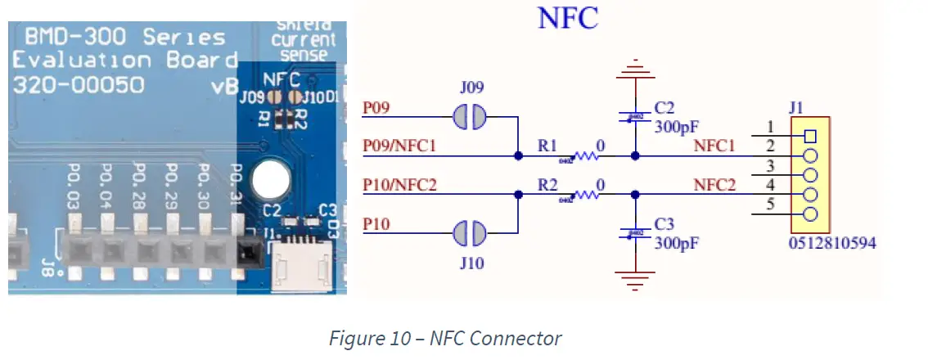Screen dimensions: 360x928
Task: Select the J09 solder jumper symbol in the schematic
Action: coord(469,118)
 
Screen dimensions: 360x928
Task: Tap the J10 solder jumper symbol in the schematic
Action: coord(469,234)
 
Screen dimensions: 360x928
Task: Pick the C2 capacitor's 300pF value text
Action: coord(675,127)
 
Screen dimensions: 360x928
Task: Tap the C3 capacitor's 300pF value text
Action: coord(675,243)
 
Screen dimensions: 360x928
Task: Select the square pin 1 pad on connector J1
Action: coord(810,136)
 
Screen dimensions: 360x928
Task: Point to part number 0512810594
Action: coord(833,244)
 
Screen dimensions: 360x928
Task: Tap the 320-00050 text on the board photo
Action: coord(79,84)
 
